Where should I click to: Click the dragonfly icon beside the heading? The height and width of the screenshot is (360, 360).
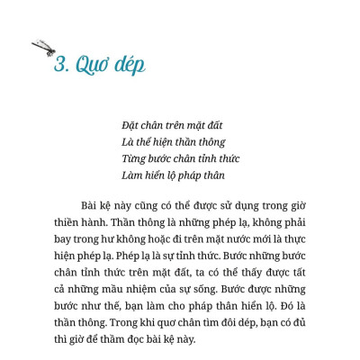pyautogui.click(x=43, y=48)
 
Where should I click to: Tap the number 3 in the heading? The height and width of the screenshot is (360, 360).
pyautogui.click(x=60, y=66)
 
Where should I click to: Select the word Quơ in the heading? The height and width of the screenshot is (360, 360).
pyautogui.click(x=91, y=67)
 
